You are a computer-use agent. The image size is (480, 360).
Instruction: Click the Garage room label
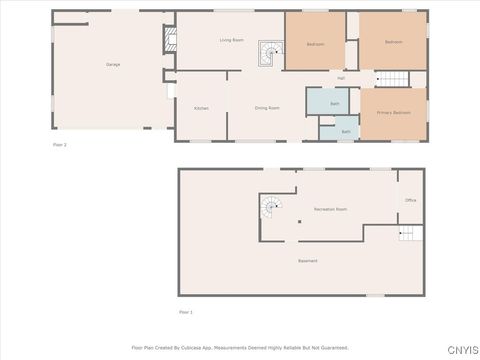pos(113,65)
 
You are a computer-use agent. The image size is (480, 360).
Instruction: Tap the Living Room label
pos(232,40)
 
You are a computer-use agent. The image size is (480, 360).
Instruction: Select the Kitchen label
pos(201,108)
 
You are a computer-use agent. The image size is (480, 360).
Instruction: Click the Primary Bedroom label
pos(393,113)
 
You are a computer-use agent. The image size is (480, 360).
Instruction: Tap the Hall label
pos(341,78)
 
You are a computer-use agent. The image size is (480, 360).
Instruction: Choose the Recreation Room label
pos(330,209)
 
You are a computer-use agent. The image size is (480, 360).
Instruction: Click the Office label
pos(410,201)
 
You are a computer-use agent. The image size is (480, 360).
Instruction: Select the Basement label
pos(307,261)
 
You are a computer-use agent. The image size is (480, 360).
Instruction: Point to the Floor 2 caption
pos(59,145)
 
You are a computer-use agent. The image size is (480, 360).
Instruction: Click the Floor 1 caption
pos(185,312)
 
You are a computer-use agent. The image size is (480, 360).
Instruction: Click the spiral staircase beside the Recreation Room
pos(271,208)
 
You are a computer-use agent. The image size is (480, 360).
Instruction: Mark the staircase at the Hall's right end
pos(393,79)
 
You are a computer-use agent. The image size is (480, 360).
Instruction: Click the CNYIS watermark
pos(461,349)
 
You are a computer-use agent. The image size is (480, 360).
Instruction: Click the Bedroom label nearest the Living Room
pos(315,44)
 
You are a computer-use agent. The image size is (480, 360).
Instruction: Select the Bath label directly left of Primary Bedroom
pos(346,131)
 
